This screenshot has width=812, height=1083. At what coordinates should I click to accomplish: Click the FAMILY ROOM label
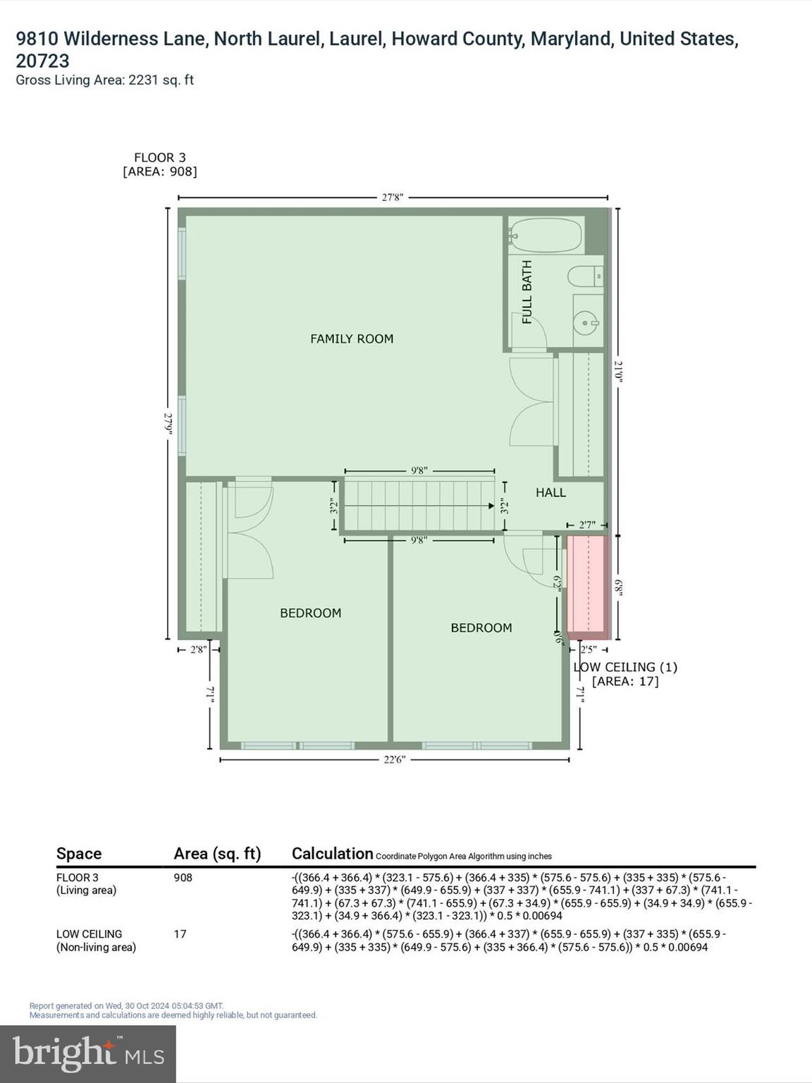coord(352,339)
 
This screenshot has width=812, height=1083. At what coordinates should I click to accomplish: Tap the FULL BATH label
coord(527,292)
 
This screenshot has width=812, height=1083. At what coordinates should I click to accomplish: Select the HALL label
coord(550,493)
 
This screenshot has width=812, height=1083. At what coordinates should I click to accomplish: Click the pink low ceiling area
coord(588,584)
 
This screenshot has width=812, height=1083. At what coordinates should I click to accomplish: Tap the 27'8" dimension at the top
coord(392,198)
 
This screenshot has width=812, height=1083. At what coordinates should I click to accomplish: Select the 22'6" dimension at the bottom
coord(394,760)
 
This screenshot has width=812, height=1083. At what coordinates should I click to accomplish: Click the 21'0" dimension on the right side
coord(618,371)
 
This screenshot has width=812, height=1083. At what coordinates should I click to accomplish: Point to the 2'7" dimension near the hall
coord(587,525)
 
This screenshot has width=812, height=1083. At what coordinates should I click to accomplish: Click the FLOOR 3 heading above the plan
coord(160,158)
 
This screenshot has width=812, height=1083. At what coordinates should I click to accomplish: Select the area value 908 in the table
coord(183,878)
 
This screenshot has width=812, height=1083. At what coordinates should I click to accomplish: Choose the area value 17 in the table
coord(180,934)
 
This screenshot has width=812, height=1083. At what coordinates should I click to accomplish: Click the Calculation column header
coord(332,854)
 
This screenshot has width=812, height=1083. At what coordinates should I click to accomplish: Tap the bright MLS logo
coord(88,1053)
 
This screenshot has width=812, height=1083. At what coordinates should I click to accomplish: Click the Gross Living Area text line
coord(104,80)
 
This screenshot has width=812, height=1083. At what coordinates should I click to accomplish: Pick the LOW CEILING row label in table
coord(89,934)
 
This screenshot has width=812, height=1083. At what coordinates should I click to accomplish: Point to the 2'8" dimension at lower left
coord(198,649)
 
